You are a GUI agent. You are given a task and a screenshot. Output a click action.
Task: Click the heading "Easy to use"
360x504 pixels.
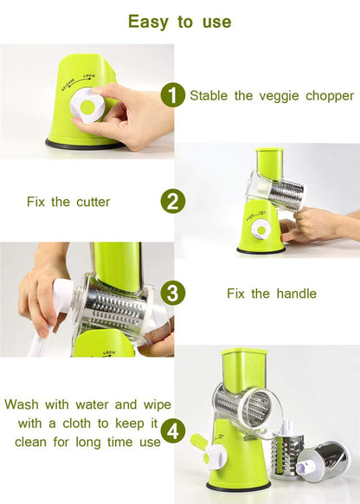click(179, 21)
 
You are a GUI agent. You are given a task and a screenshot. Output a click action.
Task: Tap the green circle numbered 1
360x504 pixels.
click(174, 95)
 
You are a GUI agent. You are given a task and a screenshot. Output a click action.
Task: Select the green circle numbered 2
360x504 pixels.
click(174, 202)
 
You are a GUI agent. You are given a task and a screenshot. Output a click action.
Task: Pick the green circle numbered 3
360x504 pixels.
click(174, 293)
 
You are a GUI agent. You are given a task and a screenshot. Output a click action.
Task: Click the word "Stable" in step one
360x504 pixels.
click(209, 95)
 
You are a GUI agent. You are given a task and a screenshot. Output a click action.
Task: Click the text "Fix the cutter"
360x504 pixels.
click(68, 202)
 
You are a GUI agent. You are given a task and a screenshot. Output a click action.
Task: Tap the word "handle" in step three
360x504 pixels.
click(295, 294)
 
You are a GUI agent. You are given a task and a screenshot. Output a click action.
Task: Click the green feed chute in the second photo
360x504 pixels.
click(269, 165)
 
